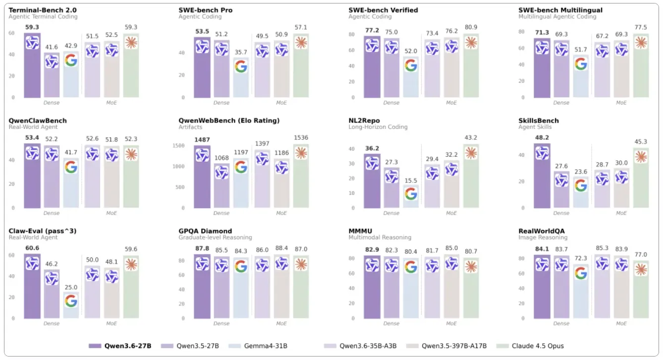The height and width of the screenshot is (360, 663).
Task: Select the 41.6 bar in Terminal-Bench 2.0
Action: pos(52,74)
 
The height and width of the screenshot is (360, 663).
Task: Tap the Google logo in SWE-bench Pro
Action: pos(241,66)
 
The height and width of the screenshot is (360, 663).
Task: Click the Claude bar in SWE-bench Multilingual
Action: pos(641,64)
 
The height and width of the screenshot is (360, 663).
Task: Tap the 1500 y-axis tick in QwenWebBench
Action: pos(186,145)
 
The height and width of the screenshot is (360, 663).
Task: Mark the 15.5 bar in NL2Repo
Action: pos(411,196)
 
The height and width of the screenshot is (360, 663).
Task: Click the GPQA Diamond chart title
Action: pos(205,231)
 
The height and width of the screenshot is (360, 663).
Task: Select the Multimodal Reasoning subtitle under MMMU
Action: pos(380,238)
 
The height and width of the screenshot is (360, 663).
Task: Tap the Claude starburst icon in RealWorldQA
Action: pos(641,269)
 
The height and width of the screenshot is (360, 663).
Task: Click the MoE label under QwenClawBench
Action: pos(111,213)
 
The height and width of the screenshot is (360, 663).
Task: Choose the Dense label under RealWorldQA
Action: pos(561,324)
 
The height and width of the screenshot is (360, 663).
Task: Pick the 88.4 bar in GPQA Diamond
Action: pos(281,288)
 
